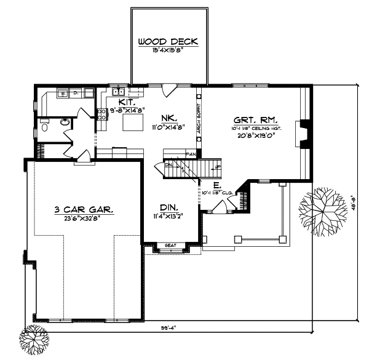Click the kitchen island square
pos(132,124)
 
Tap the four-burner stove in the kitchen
pos(101,114)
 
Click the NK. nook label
pos(170,118)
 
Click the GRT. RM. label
pos(255,119)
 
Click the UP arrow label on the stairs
pos(215,166)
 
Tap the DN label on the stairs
pos(168,165)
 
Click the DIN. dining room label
pos(170,207)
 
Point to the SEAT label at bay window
pos(171,246)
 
